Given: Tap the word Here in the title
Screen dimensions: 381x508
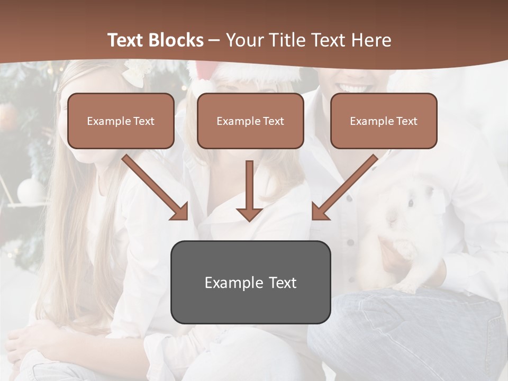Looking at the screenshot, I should pos(370,40).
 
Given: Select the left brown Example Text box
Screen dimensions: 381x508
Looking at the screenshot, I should pos(121,121).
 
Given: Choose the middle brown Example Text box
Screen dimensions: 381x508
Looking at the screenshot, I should pos(250,121).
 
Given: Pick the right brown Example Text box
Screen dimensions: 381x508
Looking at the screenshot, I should pos(384,121).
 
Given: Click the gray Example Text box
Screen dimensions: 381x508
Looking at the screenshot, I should pos(250,282).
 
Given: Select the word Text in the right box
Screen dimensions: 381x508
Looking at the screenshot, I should pos(407,121).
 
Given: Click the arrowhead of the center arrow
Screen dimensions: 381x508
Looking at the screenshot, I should pos(249,213).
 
